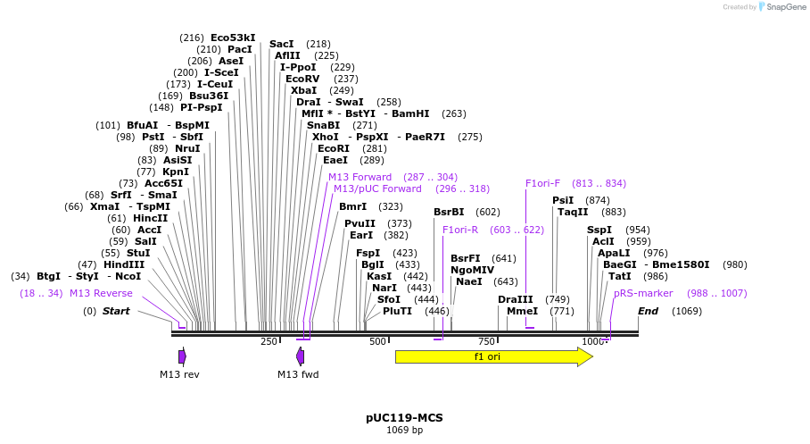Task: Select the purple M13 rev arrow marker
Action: (182, 357)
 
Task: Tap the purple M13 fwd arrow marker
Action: (301, 357)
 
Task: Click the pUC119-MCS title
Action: (404, 417)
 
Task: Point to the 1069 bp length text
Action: (404, 431)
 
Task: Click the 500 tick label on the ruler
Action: (377, 342)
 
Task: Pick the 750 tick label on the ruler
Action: (487, 342)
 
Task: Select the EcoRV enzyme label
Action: (302, 79)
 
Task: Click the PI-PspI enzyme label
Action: (201, 107)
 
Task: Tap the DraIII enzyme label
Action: (515, 299)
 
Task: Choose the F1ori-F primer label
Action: (542, 183)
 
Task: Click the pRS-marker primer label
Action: (643, 293)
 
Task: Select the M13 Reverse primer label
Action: (101, 293)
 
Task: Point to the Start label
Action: (116, 311)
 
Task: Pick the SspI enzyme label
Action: (599, 230)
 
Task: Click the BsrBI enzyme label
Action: (449, 212)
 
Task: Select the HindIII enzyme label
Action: (123, 264)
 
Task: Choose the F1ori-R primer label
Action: (460, 230)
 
